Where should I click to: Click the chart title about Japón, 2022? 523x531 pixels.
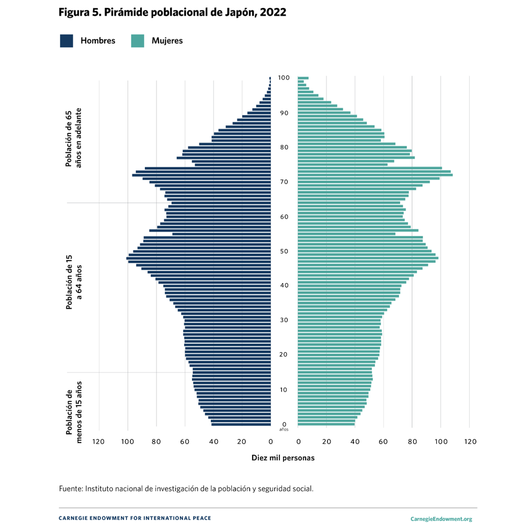coord(173,13)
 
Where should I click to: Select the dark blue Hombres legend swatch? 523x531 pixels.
coord(66,41)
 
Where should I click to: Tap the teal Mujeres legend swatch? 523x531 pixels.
coord(138,41)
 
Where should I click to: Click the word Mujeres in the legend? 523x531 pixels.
coord(167,41)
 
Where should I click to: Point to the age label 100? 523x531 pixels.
coord(284,78)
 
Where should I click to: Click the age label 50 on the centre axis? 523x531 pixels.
coord(284,252)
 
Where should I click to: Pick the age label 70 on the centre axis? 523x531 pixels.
coord(284,182)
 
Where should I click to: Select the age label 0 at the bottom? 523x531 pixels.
coord(284,424)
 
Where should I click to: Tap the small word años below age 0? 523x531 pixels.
coord(284,430)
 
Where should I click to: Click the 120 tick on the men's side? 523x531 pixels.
coord(99,442)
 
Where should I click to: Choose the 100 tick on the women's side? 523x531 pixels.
coord(441,442)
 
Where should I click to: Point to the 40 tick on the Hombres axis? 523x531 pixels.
coord(213,442)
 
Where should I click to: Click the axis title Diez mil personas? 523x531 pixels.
coord(283,458)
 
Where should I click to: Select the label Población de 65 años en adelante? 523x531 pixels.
coord(73,138)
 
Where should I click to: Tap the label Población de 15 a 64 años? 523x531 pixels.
coord(73,283)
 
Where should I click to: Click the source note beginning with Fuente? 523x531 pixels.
coord(186,489)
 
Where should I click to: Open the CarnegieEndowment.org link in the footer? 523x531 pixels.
coord(441,519)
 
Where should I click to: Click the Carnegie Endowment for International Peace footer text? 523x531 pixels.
coord(135,518)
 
